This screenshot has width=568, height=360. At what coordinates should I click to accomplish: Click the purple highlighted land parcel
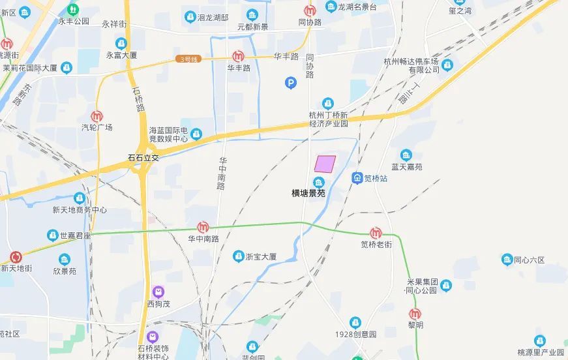click(325, 163)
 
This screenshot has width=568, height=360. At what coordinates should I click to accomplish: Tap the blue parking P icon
click(291, 82)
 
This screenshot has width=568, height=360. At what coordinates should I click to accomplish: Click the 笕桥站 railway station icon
click(357, 177)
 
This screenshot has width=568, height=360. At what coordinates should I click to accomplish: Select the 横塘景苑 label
click(308, 193)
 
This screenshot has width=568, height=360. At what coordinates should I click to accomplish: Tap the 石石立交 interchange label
click(143, 157)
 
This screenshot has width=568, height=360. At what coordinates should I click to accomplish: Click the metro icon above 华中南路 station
click(203, 227)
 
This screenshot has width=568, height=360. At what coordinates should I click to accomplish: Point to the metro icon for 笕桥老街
click(376, 233)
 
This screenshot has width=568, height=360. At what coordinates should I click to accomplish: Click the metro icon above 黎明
click(415, 313)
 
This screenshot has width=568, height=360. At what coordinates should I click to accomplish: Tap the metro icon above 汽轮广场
click(97, 115)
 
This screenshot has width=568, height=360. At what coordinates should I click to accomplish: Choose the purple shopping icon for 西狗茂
click(158, 292)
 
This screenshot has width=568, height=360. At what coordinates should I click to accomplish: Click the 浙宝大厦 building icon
click(239, 256)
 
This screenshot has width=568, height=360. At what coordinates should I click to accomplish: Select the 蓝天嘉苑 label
click(406, 167)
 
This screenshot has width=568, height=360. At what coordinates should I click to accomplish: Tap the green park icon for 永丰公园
click(72, 10)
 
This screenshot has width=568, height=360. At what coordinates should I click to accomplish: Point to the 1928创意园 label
click(355, 335)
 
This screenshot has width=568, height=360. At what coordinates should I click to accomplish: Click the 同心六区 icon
click(507, 260)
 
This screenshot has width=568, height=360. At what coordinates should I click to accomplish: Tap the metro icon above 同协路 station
click(310, 10)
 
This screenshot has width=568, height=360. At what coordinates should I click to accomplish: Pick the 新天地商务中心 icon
click(80, 198)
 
